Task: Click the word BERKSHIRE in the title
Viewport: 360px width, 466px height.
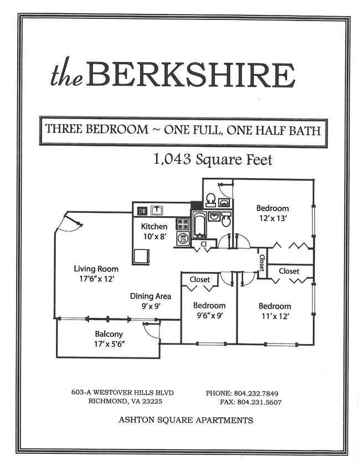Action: (190, 75)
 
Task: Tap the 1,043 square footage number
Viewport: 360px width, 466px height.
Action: (172, 160)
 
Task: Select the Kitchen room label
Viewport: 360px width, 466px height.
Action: (154, 226)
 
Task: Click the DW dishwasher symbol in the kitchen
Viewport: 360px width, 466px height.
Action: (142, 211)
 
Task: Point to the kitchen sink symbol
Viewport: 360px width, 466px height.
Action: (157, 210)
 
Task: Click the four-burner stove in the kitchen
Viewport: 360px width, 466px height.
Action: (183, 224)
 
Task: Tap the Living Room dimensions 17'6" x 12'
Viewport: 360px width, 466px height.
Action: (96, 279)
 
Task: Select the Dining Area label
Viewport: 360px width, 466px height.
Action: (151, 296)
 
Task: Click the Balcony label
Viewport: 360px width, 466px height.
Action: (109, 334)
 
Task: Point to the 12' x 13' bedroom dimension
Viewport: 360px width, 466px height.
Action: (272, 219)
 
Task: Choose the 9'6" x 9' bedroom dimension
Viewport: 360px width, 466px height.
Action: (209, 316)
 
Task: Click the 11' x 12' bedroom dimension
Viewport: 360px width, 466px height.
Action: (274, 317)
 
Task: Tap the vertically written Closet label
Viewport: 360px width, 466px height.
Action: (262, 262)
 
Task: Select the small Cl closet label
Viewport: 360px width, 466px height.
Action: (204, 244)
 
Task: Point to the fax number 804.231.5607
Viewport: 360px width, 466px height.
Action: (259, 402)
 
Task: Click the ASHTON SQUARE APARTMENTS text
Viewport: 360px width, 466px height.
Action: (186, 420)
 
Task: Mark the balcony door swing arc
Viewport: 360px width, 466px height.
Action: (151, 330)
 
